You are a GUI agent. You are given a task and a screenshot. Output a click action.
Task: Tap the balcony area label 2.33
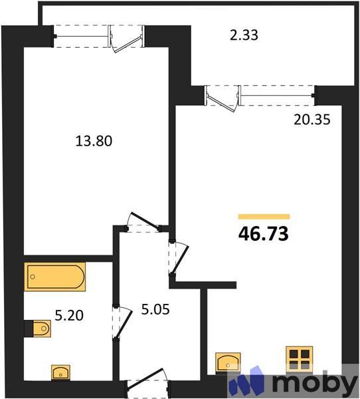coord(244,35)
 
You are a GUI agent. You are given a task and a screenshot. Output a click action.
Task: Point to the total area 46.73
coord(264,234)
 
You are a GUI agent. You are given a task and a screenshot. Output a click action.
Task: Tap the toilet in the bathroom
coord(40,328)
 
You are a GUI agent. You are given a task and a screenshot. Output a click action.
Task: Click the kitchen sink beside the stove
coord(230,363)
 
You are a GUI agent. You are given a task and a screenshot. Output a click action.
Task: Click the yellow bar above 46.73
coord(264,216)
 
